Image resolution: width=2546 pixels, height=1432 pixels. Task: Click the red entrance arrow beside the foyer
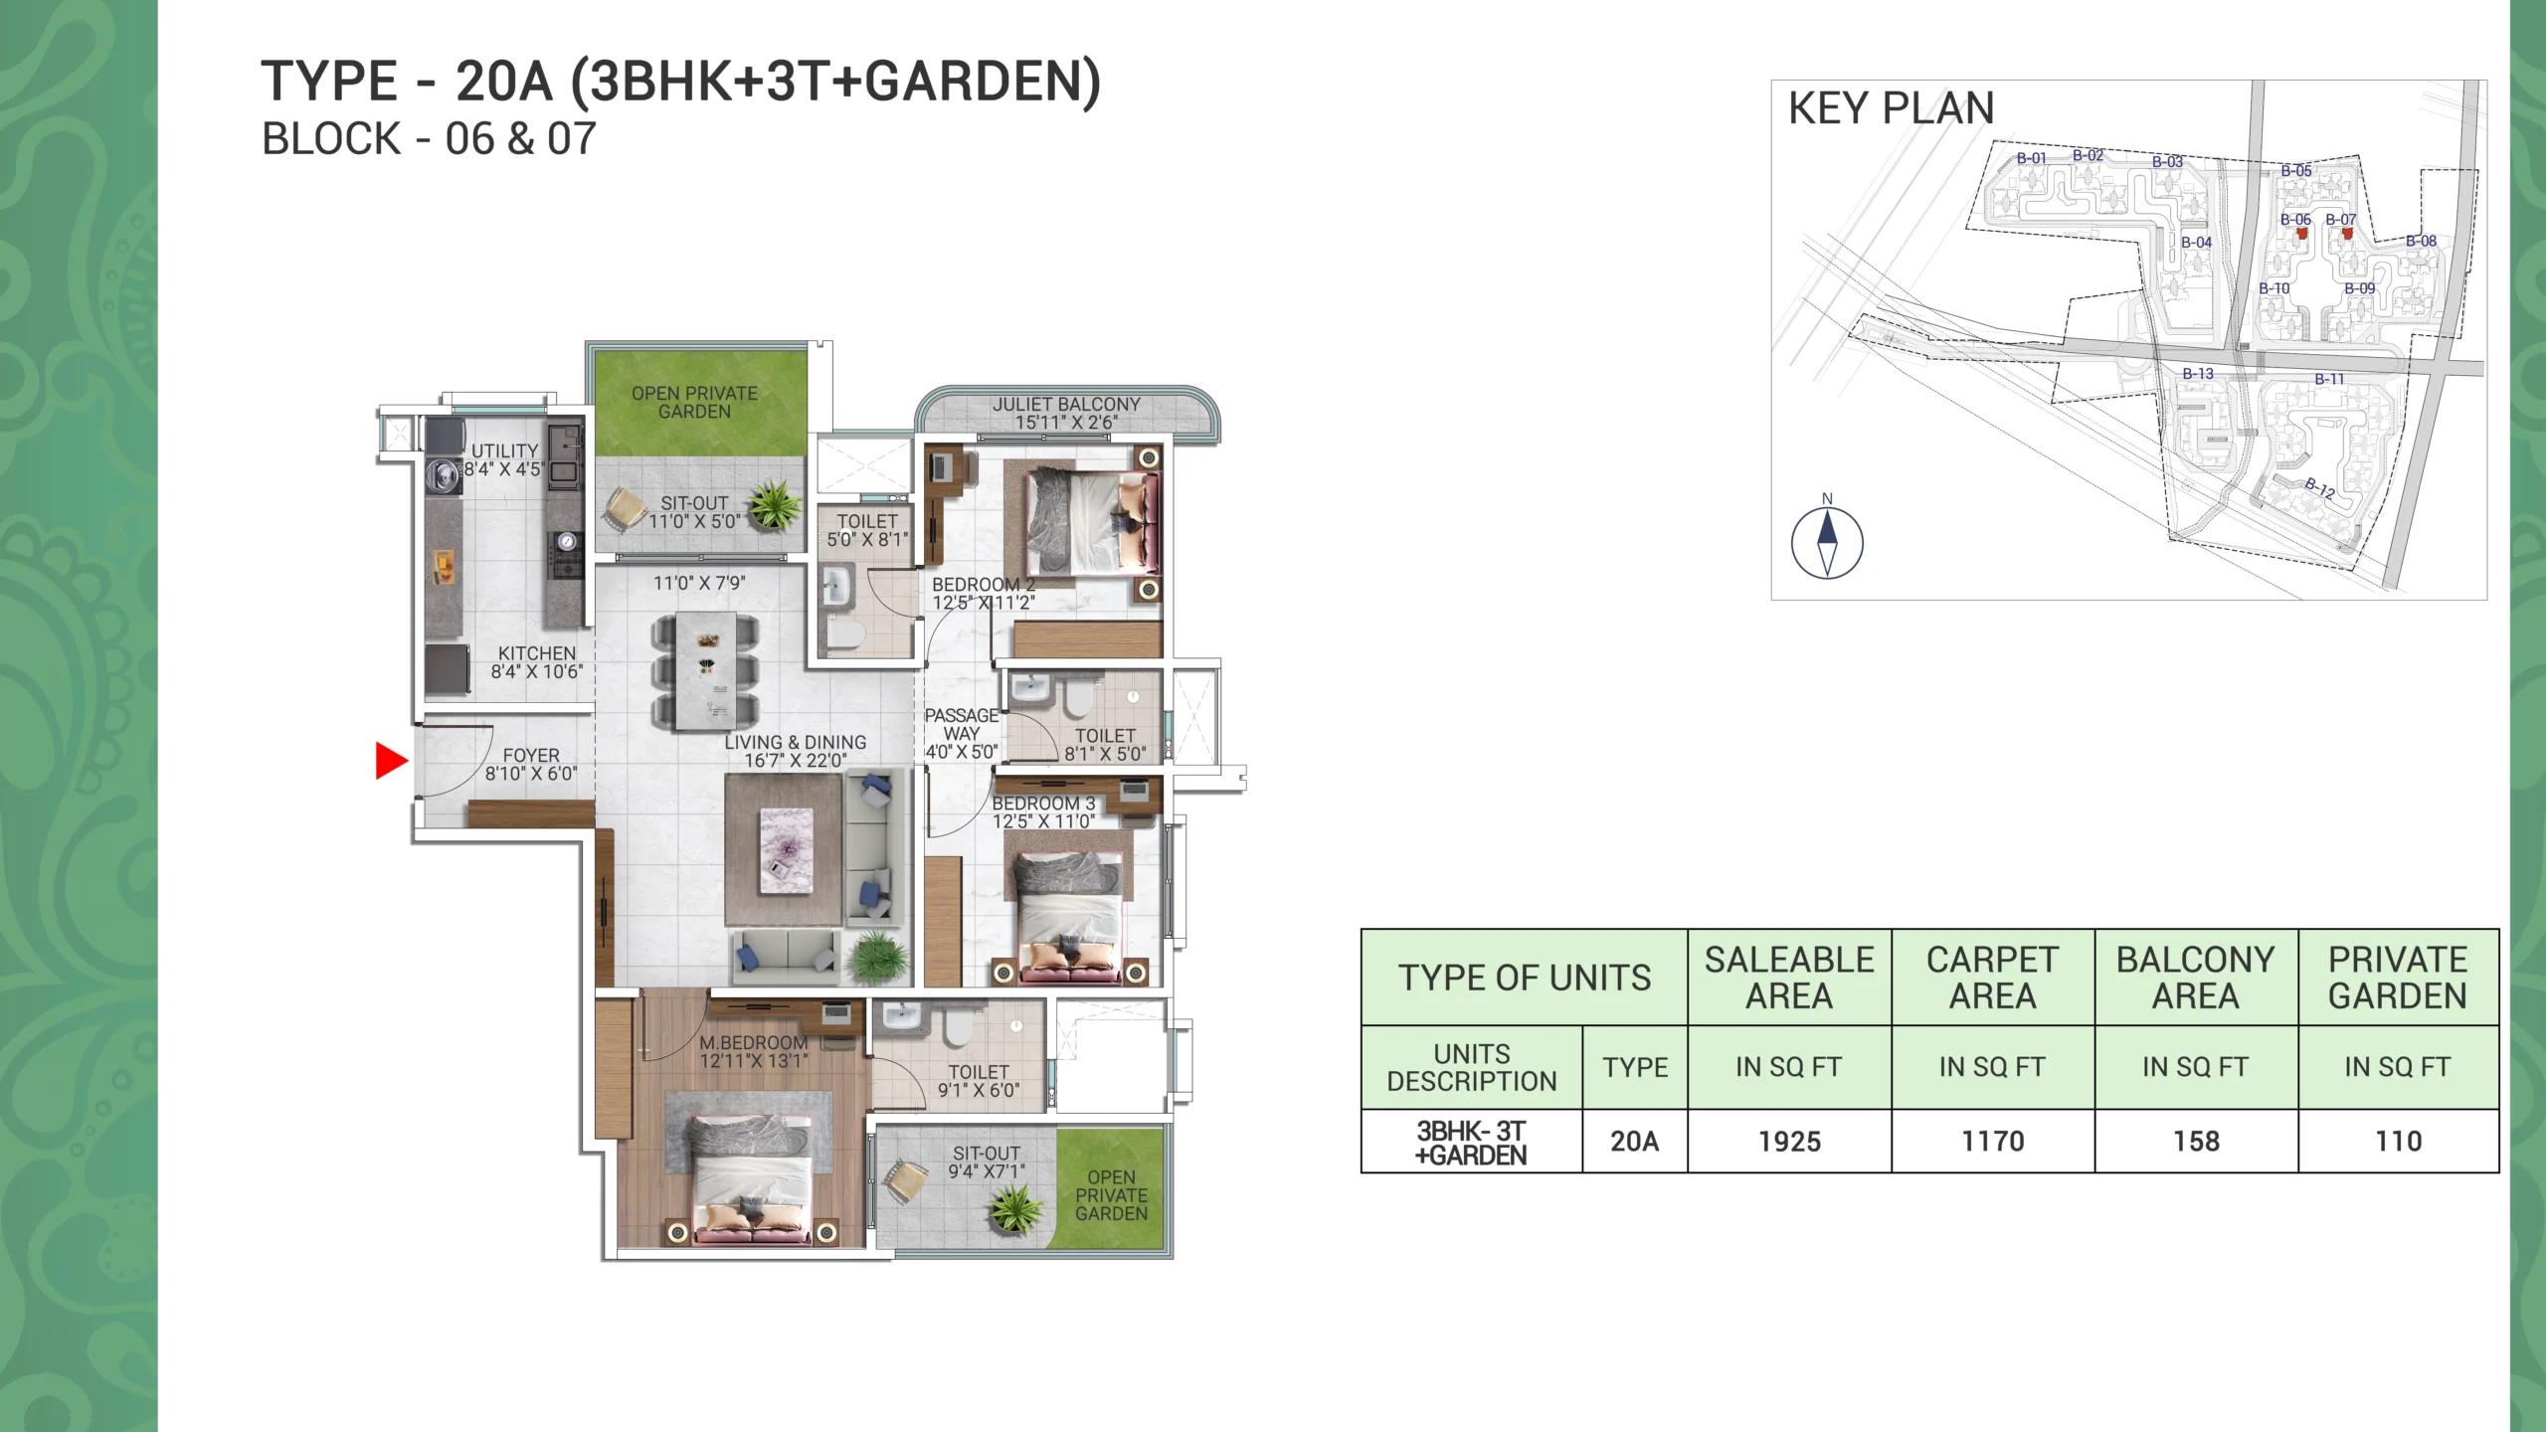click(391, 761)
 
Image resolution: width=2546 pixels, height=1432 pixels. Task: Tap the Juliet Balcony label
click(1066, 405)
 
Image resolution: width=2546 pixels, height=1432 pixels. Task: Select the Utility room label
click(504, 450)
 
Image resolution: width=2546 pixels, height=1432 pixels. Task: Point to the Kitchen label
click(537, 653)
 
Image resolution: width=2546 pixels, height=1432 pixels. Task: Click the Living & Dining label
click(795, 742)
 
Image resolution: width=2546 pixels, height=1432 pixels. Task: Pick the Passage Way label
click(962, 724)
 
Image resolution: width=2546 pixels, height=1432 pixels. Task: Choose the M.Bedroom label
click(754, 1042)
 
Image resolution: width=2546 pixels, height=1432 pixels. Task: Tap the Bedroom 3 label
click(1043, 803)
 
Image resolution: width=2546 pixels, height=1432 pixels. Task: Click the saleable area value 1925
click(1789, 1142)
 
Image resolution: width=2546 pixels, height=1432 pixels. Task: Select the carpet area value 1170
click(1992, 1142)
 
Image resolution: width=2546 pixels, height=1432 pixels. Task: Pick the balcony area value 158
click(2196, 1142)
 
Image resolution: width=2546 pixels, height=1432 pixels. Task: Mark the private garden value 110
click(2398, 1142)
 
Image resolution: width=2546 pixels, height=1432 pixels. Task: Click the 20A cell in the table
click(1635, 1142)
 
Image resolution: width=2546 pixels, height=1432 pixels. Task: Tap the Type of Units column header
click(1525, 978)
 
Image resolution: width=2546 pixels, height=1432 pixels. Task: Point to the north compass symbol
click(1827, 542)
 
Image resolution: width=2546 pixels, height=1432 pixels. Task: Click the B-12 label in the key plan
click(2320, 487)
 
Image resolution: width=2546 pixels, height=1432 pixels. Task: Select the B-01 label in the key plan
click(2032, 158)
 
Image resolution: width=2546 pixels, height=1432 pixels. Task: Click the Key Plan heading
click(1892, 108)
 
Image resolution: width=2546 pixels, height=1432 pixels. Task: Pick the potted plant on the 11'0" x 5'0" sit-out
click(774, 503)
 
